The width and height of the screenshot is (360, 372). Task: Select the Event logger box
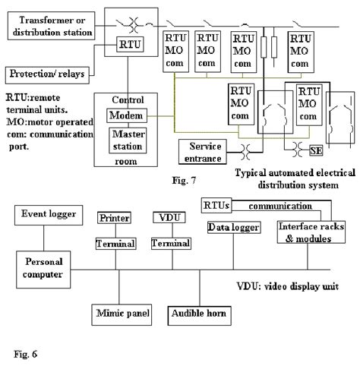(x=48, y=215)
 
